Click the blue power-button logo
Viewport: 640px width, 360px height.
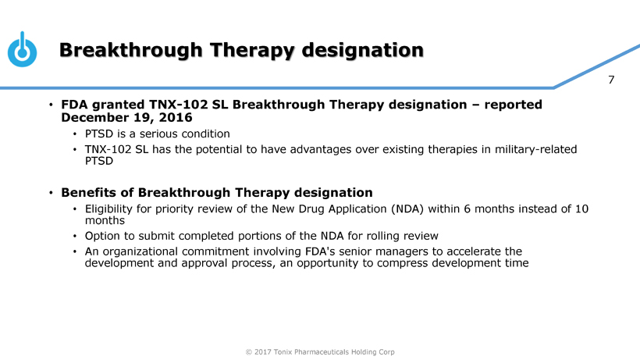22,49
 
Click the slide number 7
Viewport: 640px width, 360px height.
611,80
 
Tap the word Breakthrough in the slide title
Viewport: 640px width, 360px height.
130,50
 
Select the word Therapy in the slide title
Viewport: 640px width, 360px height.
252,51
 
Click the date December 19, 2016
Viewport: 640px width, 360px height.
126,118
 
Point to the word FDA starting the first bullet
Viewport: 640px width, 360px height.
74,105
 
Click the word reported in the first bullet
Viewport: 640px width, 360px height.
513,105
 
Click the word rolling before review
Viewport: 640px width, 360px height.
383,236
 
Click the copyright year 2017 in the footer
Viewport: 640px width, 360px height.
262,352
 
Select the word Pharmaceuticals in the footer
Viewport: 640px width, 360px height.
322,352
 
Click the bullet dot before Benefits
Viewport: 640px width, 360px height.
51,192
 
